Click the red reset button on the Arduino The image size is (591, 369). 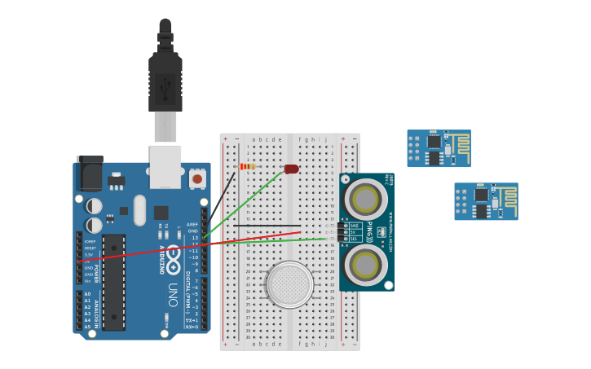tap(197, 178)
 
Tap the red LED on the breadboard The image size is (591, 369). tap(291, 169)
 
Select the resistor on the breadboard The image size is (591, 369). tap(246, 167)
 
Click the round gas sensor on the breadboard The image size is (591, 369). tap(289, 284)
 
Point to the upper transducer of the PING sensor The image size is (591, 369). tap(366, 199)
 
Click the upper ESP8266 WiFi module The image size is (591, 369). tap(439, 148)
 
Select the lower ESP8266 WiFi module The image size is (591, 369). tap(486, 201)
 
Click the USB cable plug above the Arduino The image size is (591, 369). tap(165, 81)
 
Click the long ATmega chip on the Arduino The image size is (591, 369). tap(113, 282)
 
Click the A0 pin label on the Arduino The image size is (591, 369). tap(87, 294)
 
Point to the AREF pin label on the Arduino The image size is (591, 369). tap(192, 224)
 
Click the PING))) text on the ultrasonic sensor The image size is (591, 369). tap(369, 231)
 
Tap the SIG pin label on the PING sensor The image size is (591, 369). tap(354, 239)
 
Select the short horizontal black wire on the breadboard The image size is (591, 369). tap(267, 226)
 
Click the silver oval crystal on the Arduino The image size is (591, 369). tap(139, 209)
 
